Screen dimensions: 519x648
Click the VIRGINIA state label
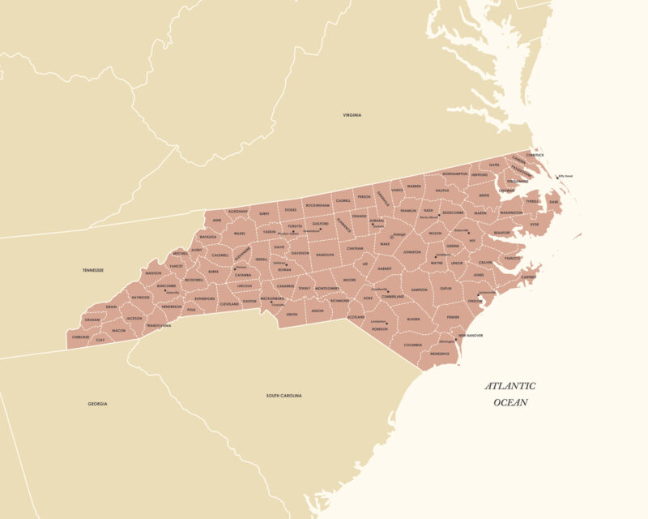[352, 115]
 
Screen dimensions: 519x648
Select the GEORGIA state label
[97, 403]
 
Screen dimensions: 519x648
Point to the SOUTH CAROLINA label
[283, 395]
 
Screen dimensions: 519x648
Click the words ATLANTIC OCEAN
[510, 394]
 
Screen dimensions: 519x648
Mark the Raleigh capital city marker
[392, 237]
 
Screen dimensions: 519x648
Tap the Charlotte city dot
[274, 302]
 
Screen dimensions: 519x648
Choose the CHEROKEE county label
[81, 337]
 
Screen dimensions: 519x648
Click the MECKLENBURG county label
[272, 298]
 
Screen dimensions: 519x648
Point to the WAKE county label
[385, 243]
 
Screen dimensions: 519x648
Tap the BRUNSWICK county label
[440, 354]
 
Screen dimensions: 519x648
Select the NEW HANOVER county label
[471, 335]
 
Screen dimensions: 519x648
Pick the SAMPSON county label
[419, 290]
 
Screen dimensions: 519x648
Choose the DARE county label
[554, 201]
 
